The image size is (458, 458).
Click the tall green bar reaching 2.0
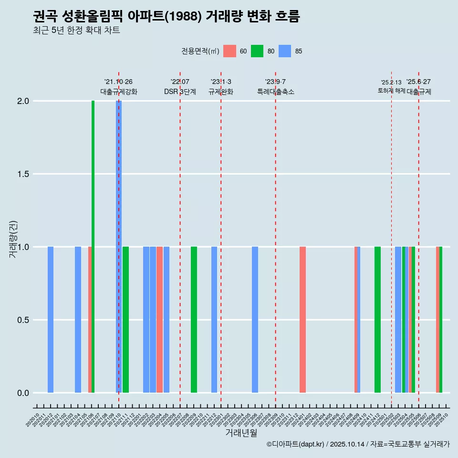point(93,246)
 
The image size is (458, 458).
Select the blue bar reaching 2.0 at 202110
point(119,246)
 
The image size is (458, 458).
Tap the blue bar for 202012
point(51,320)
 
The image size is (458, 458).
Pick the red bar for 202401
point(302,320)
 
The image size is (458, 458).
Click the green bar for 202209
point(194,320)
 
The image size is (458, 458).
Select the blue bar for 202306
point(255,320)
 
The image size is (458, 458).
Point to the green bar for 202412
point(377,320)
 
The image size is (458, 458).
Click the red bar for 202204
point(159,320)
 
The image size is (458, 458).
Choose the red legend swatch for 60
point(229,51)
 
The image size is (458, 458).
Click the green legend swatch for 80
point(257,51)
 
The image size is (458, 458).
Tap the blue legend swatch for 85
point(285,51)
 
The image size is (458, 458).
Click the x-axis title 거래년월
point(241,433)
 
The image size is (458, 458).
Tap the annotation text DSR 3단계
point(180,92)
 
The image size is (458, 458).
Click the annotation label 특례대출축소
point(275,92)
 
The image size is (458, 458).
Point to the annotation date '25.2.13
point(391,83)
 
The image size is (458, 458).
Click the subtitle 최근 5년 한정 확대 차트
point(76,31)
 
